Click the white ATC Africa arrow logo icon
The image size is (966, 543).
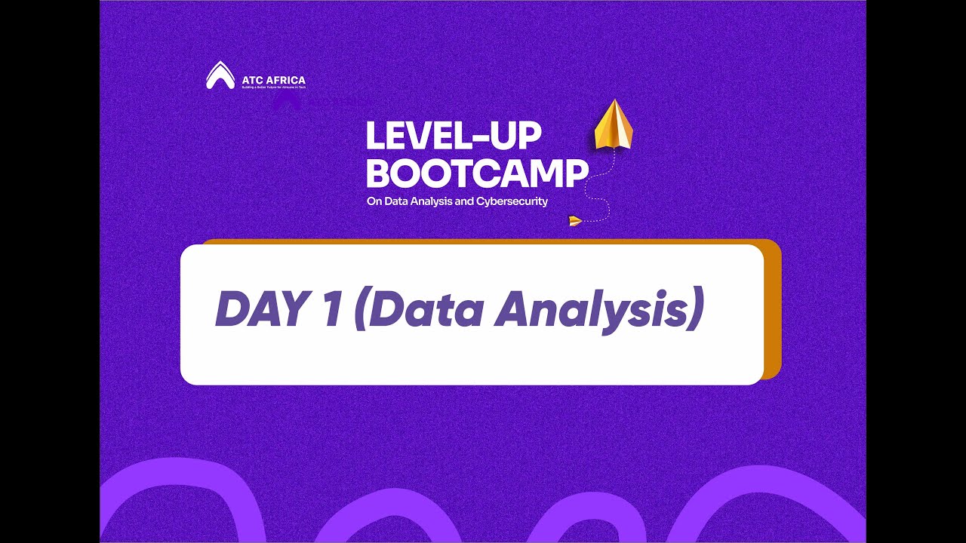(220, 75)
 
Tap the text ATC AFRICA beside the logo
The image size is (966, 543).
(274, 80)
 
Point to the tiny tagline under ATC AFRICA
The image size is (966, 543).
(273, 87)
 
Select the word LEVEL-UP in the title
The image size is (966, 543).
(454, 137)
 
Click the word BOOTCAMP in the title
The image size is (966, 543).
(476, 173)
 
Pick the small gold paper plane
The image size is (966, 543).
(575, 221)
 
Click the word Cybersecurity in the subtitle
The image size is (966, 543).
(512, 202)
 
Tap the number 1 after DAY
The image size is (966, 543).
(331, 309)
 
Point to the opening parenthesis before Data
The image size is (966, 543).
(359, 309)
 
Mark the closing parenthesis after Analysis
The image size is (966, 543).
(696, 309)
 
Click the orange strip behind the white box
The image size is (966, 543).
(772, 309)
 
